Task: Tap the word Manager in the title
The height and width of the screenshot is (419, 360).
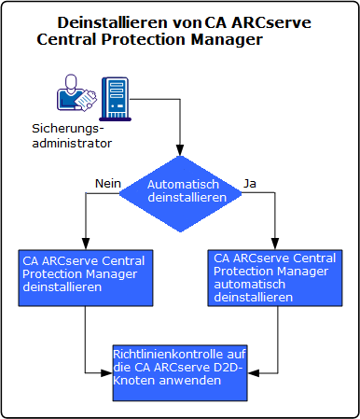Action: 228,40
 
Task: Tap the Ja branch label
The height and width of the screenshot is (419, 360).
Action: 250,184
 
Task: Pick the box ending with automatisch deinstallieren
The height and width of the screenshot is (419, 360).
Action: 275,277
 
